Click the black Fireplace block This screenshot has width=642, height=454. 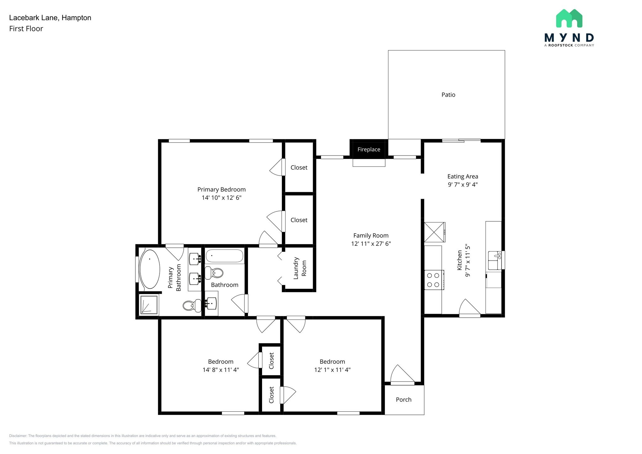click(369, 149)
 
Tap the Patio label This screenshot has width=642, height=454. click(448, 95)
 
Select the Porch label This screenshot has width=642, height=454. click(403, 399)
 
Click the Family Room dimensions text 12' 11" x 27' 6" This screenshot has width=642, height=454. click(371, 244)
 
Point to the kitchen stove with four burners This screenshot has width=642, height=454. click(434, 280)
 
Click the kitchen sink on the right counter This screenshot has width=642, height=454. click(494, 260)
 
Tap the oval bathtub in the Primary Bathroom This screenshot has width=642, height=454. click(150, 269)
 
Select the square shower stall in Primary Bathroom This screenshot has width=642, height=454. click(149, 305)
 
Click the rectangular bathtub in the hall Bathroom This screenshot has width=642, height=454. click(224, 256)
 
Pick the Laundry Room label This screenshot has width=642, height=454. click(300, 268)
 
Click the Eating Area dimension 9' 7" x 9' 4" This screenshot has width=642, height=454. click(463, 184)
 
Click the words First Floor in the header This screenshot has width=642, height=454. click(26, 29)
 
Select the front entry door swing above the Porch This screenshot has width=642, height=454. click(402, 375)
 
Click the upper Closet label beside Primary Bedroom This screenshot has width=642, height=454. click(299, 167)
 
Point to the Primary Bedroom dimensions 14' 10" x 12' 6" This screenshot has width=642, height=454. click(221, 198)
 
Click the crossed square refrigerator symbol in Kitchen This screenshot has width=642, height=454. click(434, 232)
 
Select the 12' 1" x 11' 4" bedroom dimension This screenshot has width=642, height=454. click(332, 370)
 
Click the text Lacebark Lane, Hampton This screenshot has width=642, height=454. click(50, 18)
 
